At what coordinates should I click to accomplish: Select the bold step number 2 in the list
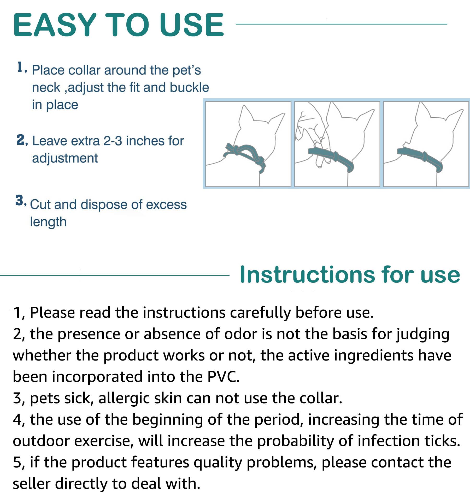21,140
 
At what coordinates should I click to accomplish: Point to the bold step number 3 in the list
19,201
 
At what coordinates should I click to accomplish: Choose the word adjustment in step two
65,158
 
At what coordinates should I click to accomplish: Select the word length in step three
48,222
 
